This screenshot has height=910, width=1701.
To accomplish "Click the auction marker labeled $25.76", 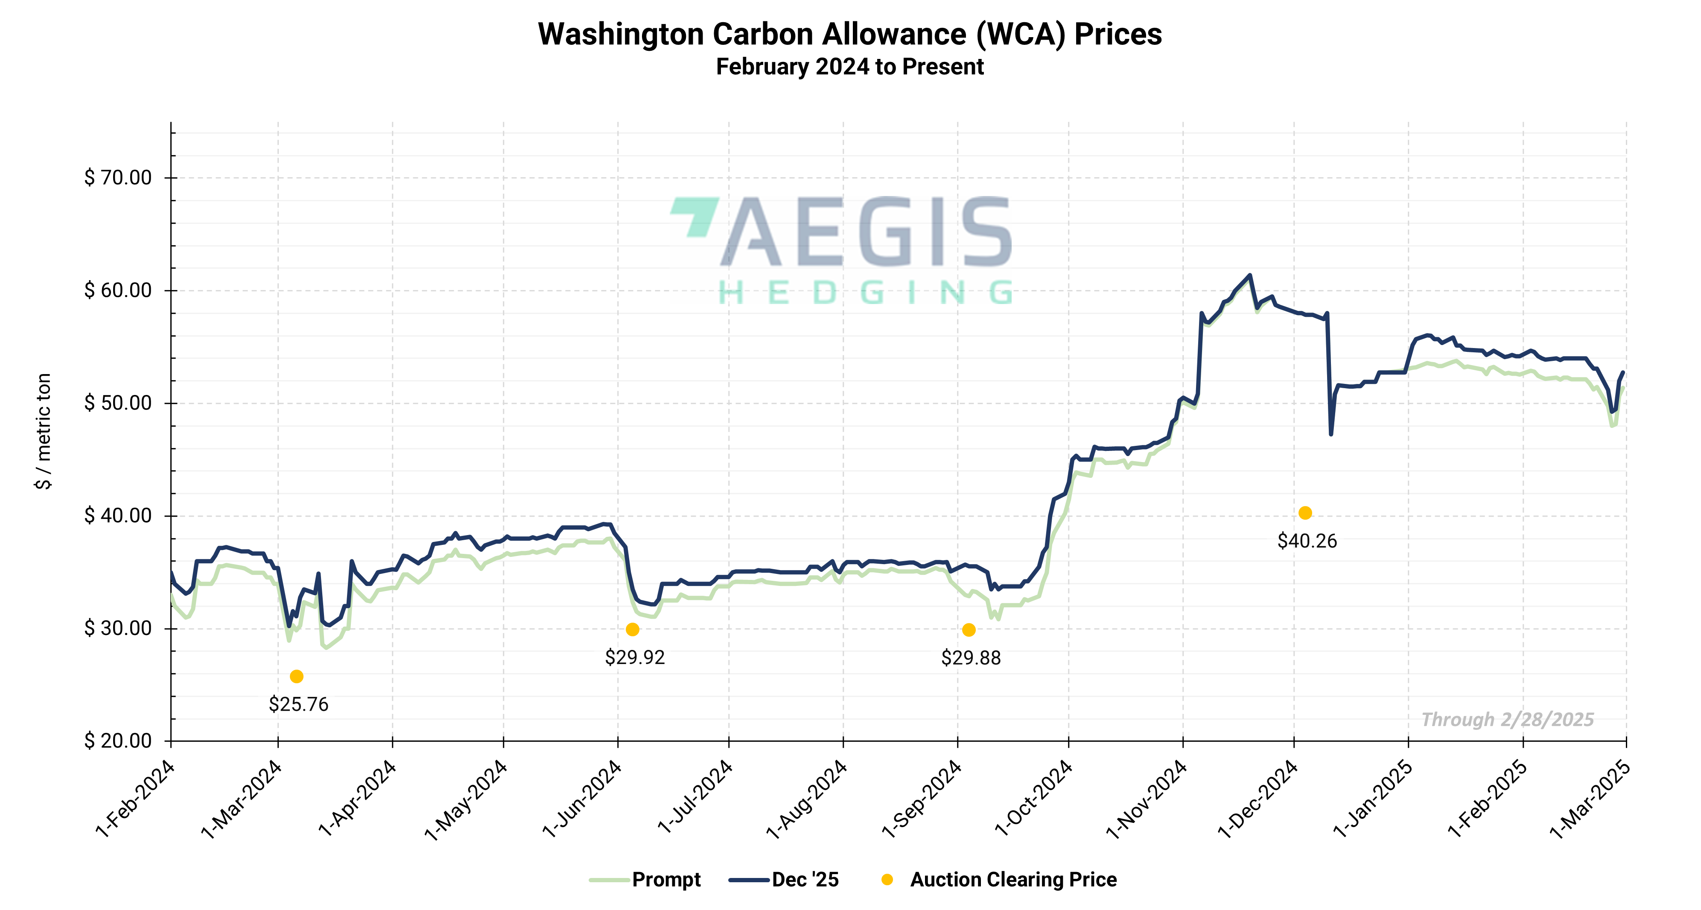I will point(297,676).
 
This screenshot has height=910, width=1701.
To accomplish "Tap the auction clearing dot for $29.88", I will point(969,630).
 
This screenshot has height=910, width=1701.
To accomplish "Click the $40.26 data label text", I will point(1307,541).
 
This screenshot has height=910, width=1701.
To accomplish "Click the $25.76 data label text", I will point(298,704).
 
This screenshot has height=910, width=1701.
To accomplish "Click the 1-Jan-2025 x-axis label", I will point(1374,799).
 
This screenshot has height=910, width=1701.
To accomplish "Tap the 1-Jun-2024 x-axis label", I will point(582,799).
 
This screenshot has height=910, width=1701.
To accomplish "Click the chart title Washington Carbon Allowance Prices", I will point(850,34).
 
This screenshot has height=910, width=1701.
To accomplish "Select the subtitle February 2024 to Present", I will point(850,67).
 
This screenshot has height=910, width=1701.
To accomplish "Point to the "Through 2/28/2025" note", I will point(1508,719).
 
